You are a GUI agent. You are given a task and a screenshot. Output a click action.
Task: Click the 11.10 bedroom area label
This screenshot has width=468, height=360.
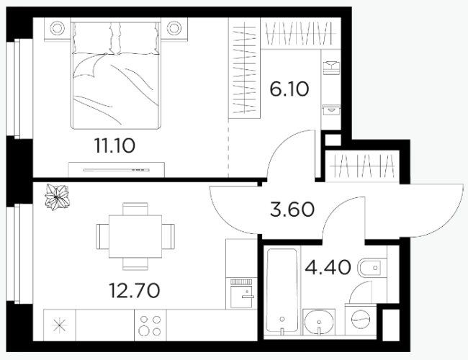point(114,145)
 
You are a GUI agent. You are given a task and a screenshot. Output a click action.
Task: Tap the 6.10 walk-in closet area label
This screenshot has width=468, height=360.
point(289,89)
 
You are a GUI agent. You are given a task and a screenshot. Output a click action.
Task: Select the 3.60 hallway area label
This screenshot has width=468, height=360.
point(292,210)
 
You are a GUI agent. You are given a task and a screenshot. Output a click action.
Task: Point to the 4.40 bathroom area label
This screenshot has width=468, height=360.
point(328,267)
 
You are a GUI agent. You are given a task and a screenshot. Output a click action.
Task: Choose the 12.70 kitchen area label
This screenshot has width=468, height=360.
point(135,290)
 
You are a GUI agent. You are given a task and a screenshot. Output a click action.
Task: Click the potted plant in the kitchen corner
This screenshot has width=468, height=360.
point(57,197)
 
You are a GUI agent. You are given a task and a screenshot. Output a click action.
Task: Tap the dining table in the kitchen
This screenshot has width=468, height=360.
point(135,236)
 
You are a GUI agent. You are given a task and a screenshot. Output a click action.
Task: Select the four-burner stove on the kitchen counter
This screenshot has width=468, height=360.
point(150,325)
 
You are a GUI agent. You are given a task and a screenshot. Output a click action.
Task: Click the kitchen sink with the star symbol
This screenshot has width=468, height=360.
point(59,325)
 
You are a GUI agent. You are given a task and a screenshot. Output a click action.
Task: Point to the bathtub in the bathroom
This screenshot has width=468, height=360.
point(282,290)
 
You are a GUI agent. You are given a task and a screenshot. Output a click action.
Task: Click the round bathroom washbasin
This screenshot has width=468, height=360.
point(319,322)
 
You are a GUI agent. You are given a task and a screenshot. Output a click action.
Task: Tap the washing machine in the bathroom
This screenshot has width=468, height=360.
point(361,319)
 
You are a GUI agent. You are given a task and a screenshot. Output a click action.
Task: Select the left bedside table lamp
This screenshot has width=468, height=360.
point(58,28)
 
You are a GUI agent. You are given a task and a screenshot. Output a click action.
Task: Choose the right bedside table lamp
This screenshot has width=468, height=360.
point(174,28)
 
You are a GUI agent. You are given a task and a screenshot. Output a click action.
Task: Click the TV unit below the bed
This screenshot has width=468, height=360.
point(116,170)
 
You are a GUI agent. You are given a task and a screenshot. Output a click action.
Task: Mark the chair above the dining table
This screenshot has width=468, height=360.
point(135,209)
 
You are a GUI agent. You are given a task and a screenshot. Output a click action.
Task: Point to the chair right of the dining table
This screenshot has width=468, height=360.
point(168,236)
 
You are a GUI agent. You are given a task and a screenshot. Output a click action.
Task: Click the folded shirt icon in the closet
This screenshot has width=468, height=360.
point(331,68)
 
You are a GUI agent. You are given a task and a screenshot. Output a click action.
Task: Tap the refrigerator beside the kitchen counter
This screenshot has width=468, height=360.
point(241,294)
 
